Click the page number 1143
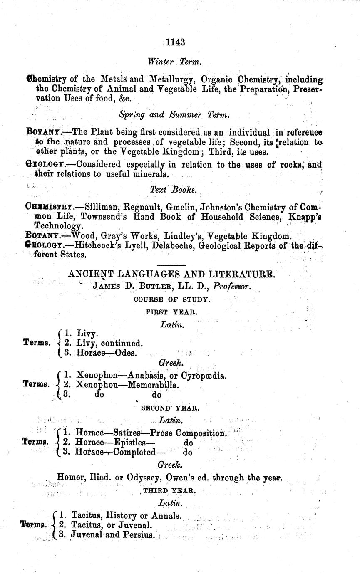tap(175, 42)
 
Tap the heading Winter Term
tap(175, 61)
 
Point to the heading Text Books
tap(174, 189)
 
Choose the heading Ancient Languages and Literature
tap(171, 274)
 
